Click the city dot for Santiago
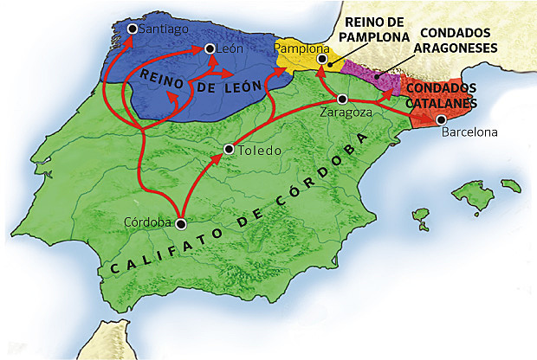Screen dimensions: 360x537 [x=131, y=29]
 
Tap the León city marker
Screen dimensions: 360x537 [x=210, y=49]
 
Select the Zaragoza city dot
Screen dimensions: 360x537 [x=343, y=99]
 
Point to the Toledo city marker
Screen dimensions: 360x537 [x=228, y=149]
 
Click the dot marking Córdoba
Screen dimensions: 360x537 [x=180, y=223]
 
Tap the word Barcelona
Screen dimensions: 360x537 [x=470, y=133]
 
